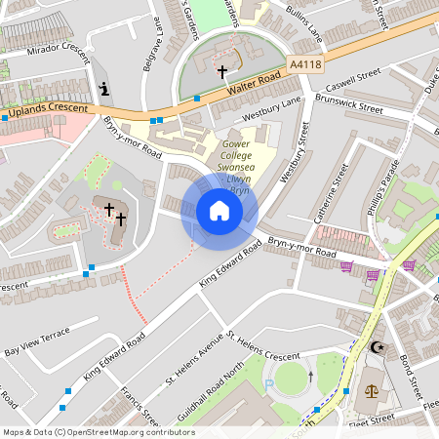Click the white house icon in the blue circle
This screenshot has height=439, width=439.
pyautogui.click(x=219, y=211)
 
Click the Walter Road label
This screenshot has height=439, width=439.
pyautogui.click(x=255, y=82)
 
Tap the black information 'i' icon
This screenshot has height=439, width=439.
pyautogui.click(x=104, y=89)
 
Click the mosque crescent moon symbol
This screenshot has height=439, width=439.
pyautogui.click(x=378, y=348)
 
